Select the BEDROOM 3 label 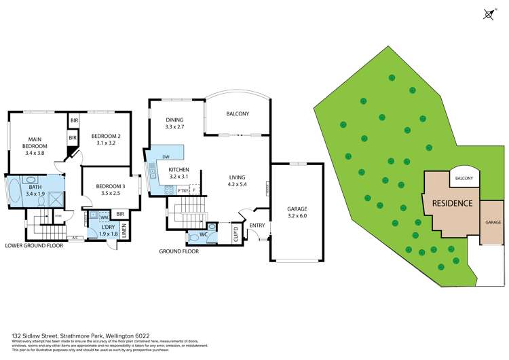(x=109, y=187)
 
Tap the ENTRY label (x=257, y=226)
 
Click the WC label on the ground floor (x=203, y=235)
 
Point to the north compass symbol (x=489, y=14)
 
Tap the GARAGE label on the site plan (x=493, y=222)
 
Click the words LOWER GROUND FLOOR (x=34, y=245)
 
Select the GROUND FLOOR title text (x=178, y=251)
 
